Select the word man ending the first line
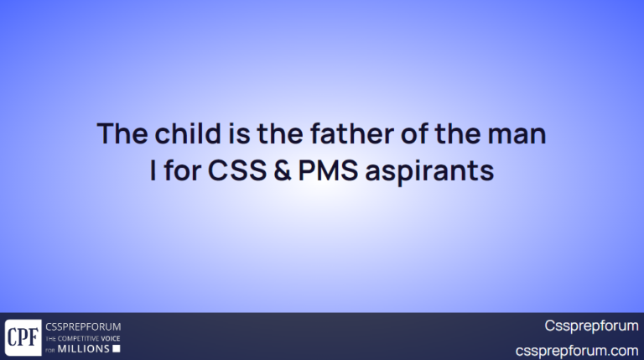tap(519, 134)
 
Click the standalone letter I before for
tap(153, 171)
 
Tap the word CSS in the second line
tap(232, 171)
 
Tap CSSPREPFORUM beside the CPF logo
tap(83, 326)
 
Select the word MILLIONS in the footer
tap(83, 348)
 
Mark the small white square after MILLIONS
tap(117, 348)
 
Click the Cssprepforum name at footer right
tap(591, 326)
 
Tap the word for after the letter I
tap(181, 171)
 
